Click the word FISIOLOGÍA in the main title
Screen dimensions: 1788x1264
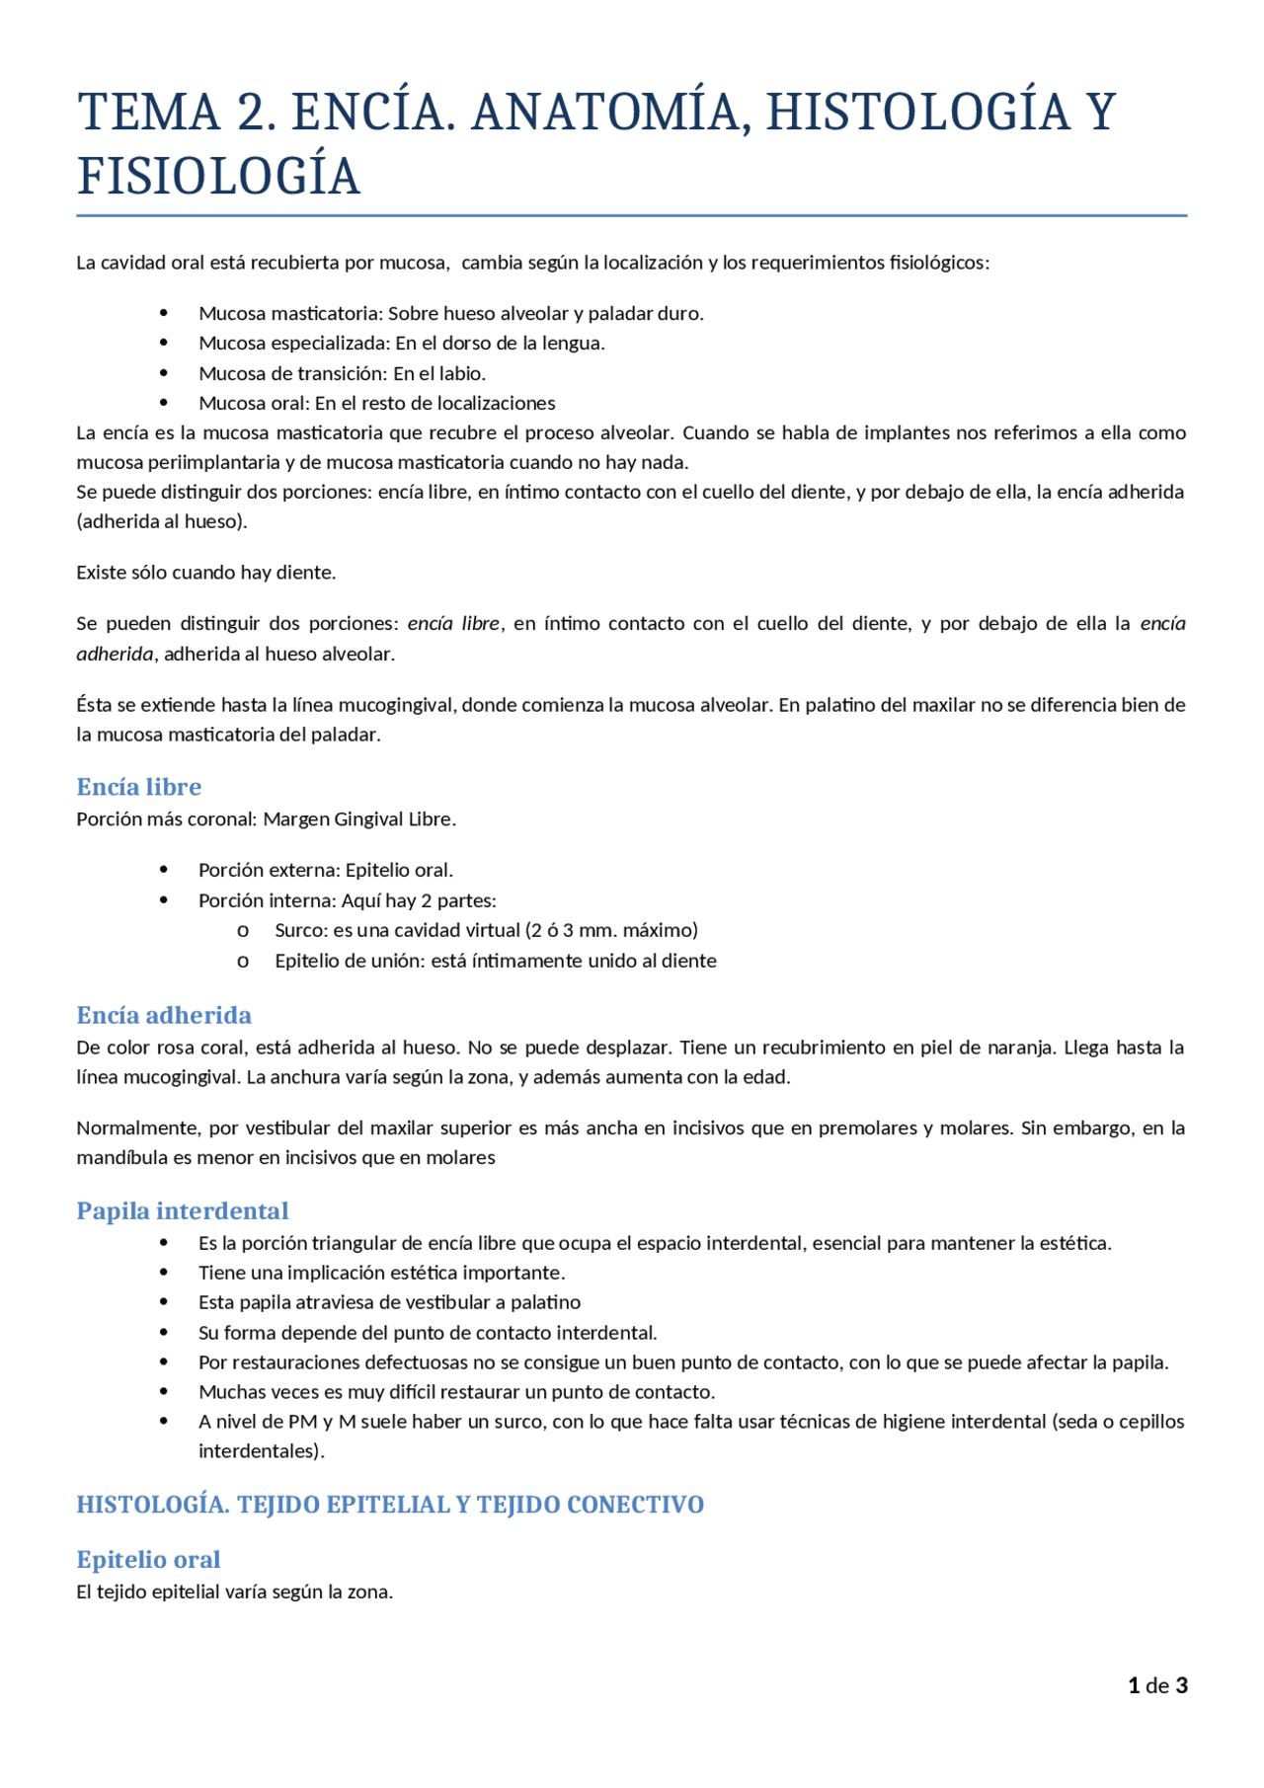click(218, 177)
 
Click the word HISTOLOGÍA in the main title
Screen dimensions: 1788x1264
click(917, 112)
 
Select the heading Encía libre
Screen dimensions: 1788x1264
click(139, 787)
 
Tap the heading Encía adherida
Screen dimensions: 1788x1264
click(164, 1015)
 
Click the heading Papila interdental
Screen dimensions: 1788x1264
click(183, 1210)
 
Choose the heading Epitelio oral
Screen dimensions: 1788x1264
click(148, 1559)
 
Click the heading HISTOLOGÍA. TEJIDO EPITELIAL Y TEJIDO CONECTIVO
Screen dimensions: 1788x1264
click(390, 1505)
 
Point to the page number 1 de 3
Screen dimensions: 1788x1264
click(1157, 1685)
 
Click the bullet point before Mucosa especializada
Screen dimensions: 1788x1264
click(164, 343)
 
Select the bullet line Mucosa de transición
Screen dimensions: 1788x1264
click(342, 373)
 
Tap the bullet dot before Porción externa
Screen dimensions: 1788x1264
click(164, 870)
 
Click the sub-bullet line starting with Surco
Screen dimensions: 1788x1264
click(486, 930)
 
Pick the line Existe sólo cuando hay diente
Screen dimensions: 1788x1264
click(206, 573)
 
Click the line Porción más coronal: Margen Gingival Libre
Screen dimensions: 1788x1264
click(266, 818)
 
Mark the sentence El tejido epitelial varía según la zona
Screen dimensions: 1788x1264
click(235, 1592)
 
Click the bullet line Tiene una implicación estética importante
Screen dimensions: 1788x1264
click(381, 1273)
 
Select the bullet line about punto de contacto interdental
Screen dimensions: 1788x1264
click(427, 1333)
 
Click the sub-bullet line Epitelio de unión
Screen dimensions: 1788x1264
click(495, 961)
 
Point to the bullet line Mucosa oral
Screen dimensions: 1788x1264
click(376, 403)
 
